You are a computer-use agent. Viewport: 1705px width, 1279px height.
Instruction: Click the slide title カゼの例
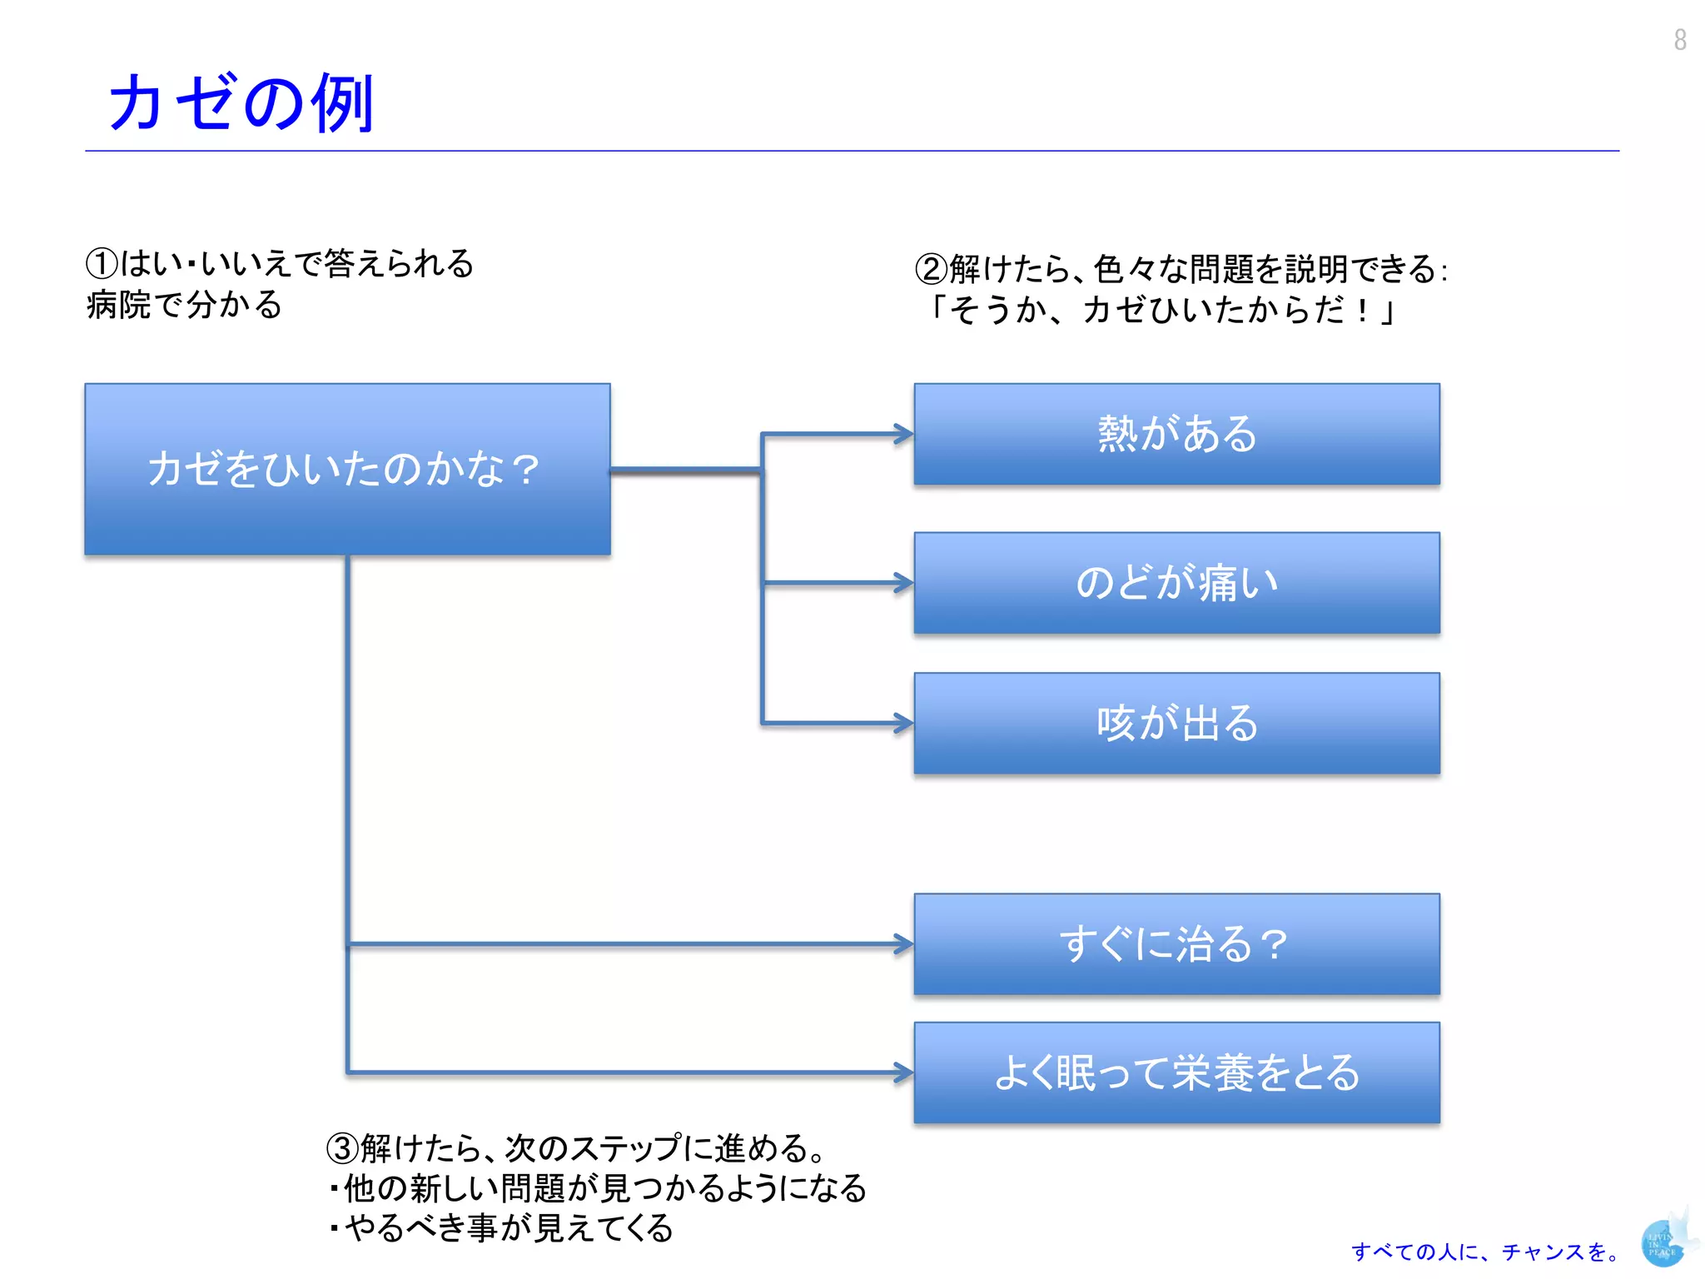pos(241,103)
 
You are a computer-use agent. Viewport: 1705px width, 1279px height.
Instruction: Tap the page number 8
pos(1680,40)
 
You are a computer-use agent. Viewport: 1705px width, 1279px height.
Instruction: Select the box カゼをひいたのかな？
pos(347,469)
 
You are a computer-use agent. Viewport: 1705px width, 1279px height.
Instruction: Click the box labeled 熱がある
pos(1176,434)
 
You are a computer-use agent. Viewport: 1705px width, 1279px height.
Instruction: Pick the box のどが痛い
pos(1176,583)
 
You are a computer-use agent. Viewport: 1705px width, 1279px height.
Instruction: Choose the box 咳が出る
pos(1176,723)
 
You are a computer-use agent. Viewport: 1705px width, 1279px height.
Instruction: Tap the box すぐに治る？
pos(1176,944)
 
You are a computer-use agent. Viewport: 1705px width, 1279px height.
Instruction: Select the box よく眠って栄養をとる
pos(1176,1072)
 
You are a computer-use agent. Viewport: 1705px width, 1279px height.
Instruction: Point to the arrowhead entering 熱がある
pos(903,434)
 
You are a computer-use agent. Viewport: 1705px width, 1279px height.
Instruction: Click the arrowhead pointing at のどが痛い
pos(903,583)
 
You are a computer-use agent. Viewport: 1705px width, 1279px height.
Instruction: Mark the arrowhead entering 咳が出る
pos(903,723)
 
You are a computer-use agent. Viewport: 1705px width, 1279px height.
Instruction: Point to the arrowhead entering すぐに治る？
pos(903,944)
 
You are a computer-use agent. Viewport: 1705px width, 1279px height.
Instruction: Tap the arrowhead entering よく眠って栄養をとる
pos(903,1072)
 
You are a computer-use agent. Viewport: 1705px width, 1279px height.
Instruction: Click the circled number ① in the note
pos(102,264)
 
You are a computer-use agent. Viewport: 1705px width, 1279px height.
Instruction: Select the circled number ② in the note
pos(931,269)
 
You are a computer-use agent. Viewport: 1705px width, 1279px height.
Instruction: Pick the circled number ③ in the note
pos(342,1148)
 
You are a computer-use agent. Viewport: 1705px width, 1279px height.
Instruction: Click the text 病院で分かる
pos(184,305)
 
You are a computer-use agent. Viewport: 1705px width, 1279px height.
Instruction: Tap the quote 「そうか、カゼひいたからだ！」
pos(1161,311)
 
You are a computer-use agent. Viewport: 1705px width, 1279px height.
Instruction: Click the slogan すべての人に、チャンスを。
pos(1485,1252)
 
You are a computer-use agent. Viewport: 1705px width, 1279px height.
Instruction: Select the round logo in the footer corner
pos(1663,1244)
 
